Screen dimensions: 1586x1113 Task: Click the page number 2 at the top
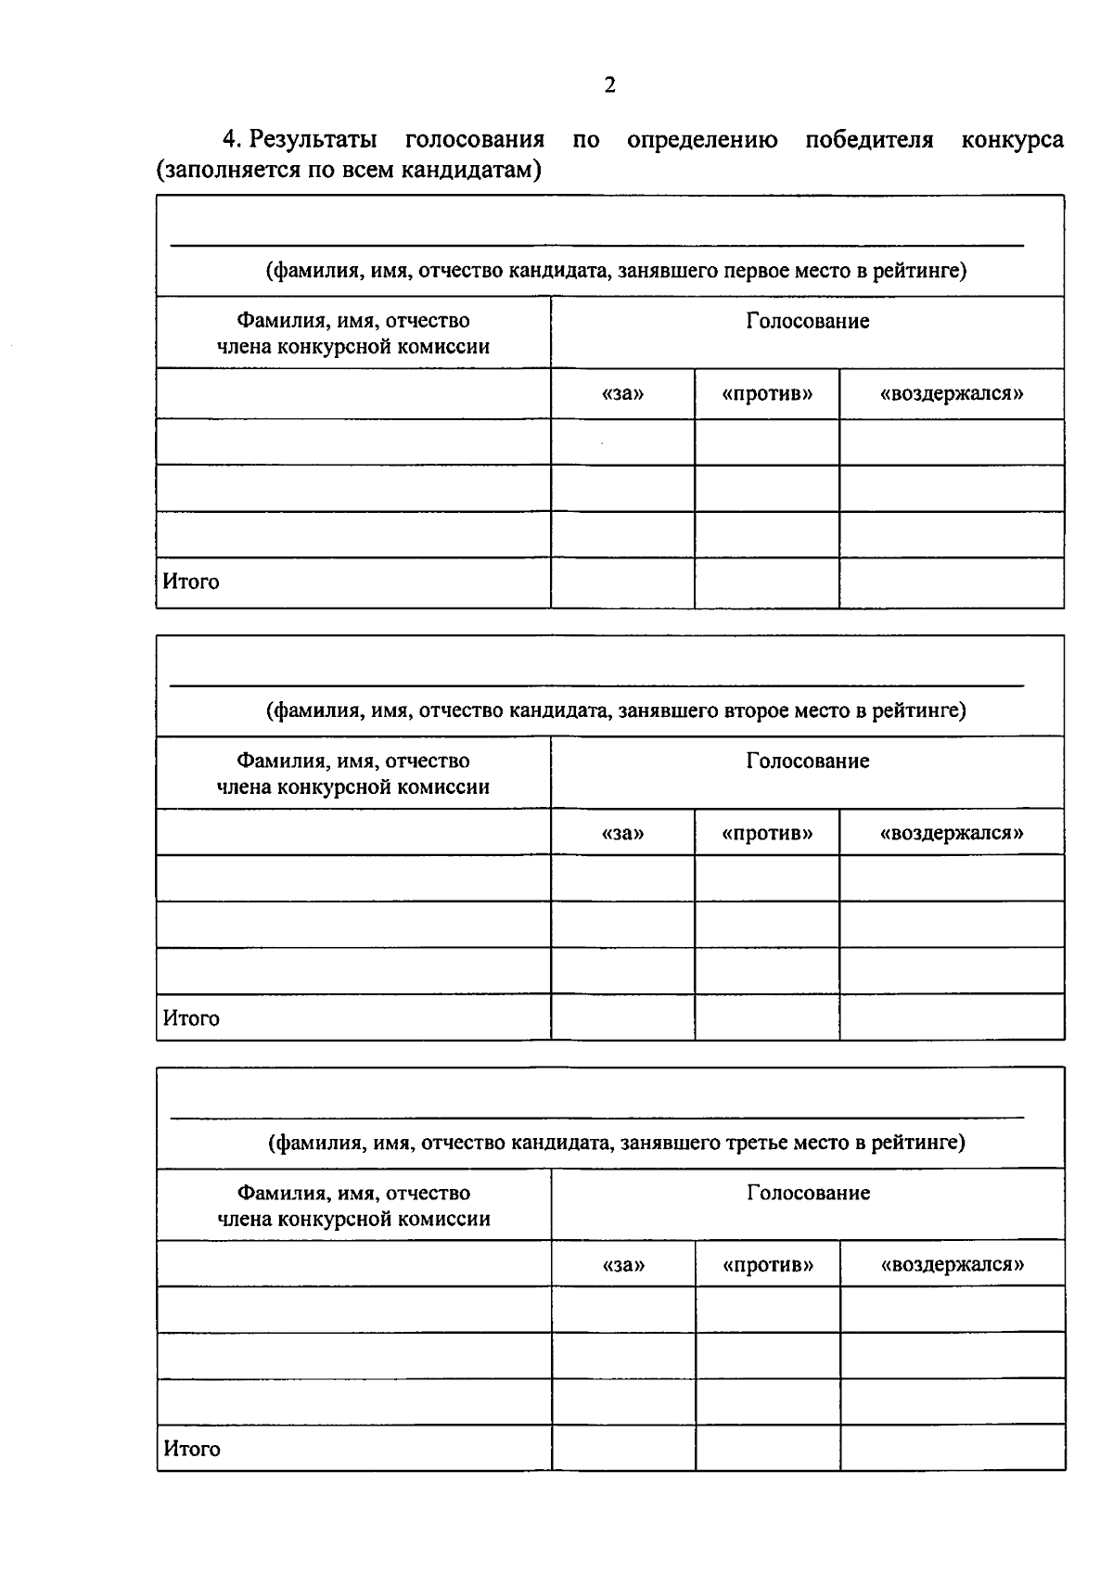pyautogui.click(x=609, y=85)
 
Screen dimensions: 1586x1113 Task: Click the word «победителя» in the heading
pyautogui.click(x=868, y=140)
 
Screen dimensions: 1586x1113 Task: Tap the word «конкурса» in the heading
pyautogui.click(x=1012, y=140)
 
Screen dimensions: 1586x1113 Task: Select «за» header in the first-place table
pyautogui.click(x=622, y=393)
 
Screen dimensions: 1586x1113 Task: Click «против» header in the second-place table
pyautogui.click(x=767, y=833)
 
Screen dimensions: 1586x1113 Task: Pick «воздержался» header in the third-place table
pyautogui.click(x=953, y=1264)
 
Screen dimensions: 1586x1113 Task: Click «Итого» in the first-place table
pyautogui.click(x=191, y=582)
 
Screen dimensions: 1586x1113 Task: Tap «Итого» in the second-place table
pyautogui.click(x=191, y=1018)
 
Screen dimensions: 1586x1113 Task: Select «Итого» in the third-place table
pyautogui.click(x=192, y=1449)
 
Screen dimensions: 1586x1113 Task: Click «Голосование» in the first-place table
pyautogui.click(x=807, y=321)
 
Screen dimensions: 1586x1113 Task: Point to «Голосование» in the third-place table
pyautogui.click(x=808, y=1193)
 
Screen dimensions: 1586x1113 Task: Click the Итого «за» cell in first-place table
pyautogui.click(x=622, y=582)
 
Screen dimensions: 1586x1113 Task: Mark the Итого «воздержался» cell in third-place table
pyautogui.click(x=953, y=1448)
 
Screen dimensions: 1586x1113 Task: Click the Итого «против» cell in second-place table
pyautogui.click(x=767, y=1017)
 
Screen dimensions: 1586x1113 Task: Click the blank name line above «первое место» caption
pyautogui.click(x=596, y=244)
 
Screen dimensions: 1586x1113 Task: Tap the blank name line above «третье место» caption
pyautogui.click(x=596, y=1117)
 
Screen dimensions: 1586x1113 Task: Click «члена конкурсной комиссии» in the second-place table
pyautogui.click(x=352, y=787)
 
